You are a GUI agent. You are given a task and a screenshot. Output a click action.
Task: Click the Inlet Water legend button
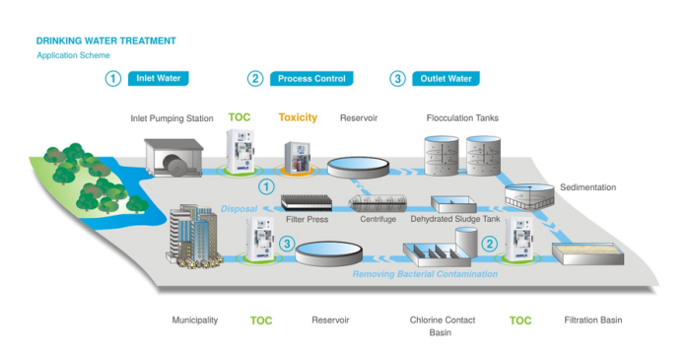click(x=159, y=78)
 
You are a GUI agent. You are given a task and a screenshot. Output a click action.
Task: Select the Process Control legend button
click(x=311, y=78)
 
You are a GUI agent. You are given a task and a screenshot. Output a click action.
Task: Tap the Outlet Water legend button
click(x=446, y=78)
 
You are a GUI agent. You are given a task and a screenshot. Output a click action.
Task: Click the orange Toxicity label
click(x=298, y=117)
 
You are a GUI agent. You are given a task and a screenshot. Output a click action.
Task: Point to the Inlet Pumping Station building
click(x=173, y=158)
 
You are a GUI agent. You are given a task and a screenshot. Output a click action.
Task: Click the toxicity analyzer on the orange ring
click(x=297, y=157)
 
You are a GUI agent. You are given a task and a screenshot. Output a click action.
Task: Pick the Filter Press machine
click(x=307, y=202)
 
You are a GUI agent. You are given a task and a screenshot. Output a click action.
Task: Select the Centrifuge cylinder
click(x=378, y=204)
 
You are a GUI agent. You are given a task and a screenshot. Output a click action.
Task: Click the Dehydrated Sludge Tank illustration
click(x=453, y=204)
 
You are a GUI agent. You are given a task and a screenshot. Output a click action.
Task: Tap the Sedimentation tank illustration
click(x=529, y=196)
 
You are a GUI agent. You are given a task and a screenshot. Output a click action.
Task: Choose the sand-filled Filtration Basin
click(x=587, y=253)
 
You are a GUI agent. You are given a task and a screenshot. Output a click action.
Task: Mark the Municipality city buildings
click(x=193, y=237)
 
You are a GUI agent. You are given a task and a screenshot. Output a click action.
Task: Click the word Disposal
click(x=239, y=209)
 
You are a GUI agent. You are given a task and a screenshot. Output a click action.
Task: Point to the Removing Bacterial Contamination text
click(x=425, y=274)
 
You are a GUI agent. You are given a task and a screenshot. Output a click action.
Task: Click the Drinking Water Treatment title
click(x=106, y=40)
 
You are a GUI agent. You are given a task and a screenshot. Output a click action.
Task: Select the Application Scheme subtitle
click(x=74, y=55)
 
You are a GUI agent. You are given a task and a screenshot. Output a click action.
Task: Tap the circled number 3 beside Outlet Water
click(x=398, y=79)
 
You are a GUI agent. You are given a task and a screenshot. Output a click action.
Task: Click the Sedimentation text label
click(x=587, y=187)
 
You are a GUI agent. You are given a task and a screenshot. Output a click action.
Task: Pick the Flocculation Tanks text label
click(x=462, y=118)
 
